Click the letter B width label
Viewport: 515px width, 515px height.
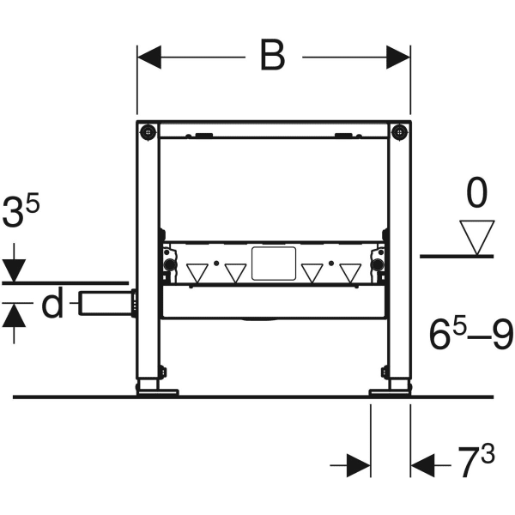point(273,55)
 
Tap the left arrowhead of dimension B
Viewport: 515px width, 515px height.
point(149,58)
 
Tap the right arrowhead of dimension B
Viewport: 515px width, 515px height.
point(398,58)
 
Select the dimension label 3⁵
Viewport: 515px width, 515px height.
point(21,211)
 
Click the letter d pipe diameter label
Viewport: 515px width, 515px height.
point(52,303)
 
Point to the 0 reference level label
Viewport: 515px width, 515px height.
point(477,193)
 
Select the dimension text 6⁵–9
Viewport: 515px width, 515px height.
point(471,334)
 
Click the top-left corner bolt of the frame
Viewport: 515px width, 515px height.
point(148,132)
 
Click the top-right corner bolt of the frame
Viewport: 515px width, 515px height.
point(399,132)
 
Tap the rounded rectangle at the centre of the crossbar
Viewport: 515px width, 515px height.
point(274,264)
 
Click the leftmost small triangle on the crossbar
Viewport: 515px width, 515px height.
point(197,273)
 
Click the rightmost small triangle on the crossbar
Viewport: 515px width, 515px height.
point(350,273)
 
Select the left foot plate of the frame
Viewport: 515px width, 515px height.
point(158,392)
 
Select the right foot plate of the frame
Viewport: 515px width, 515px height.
point(390,392)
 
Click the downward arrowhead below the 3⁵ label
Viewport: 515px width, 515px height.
point(14,270)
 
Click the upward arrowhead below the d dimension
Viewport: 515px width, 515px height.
point(14,315)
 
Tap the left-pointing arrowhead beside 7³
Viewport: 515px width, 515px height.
point(422,465)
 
